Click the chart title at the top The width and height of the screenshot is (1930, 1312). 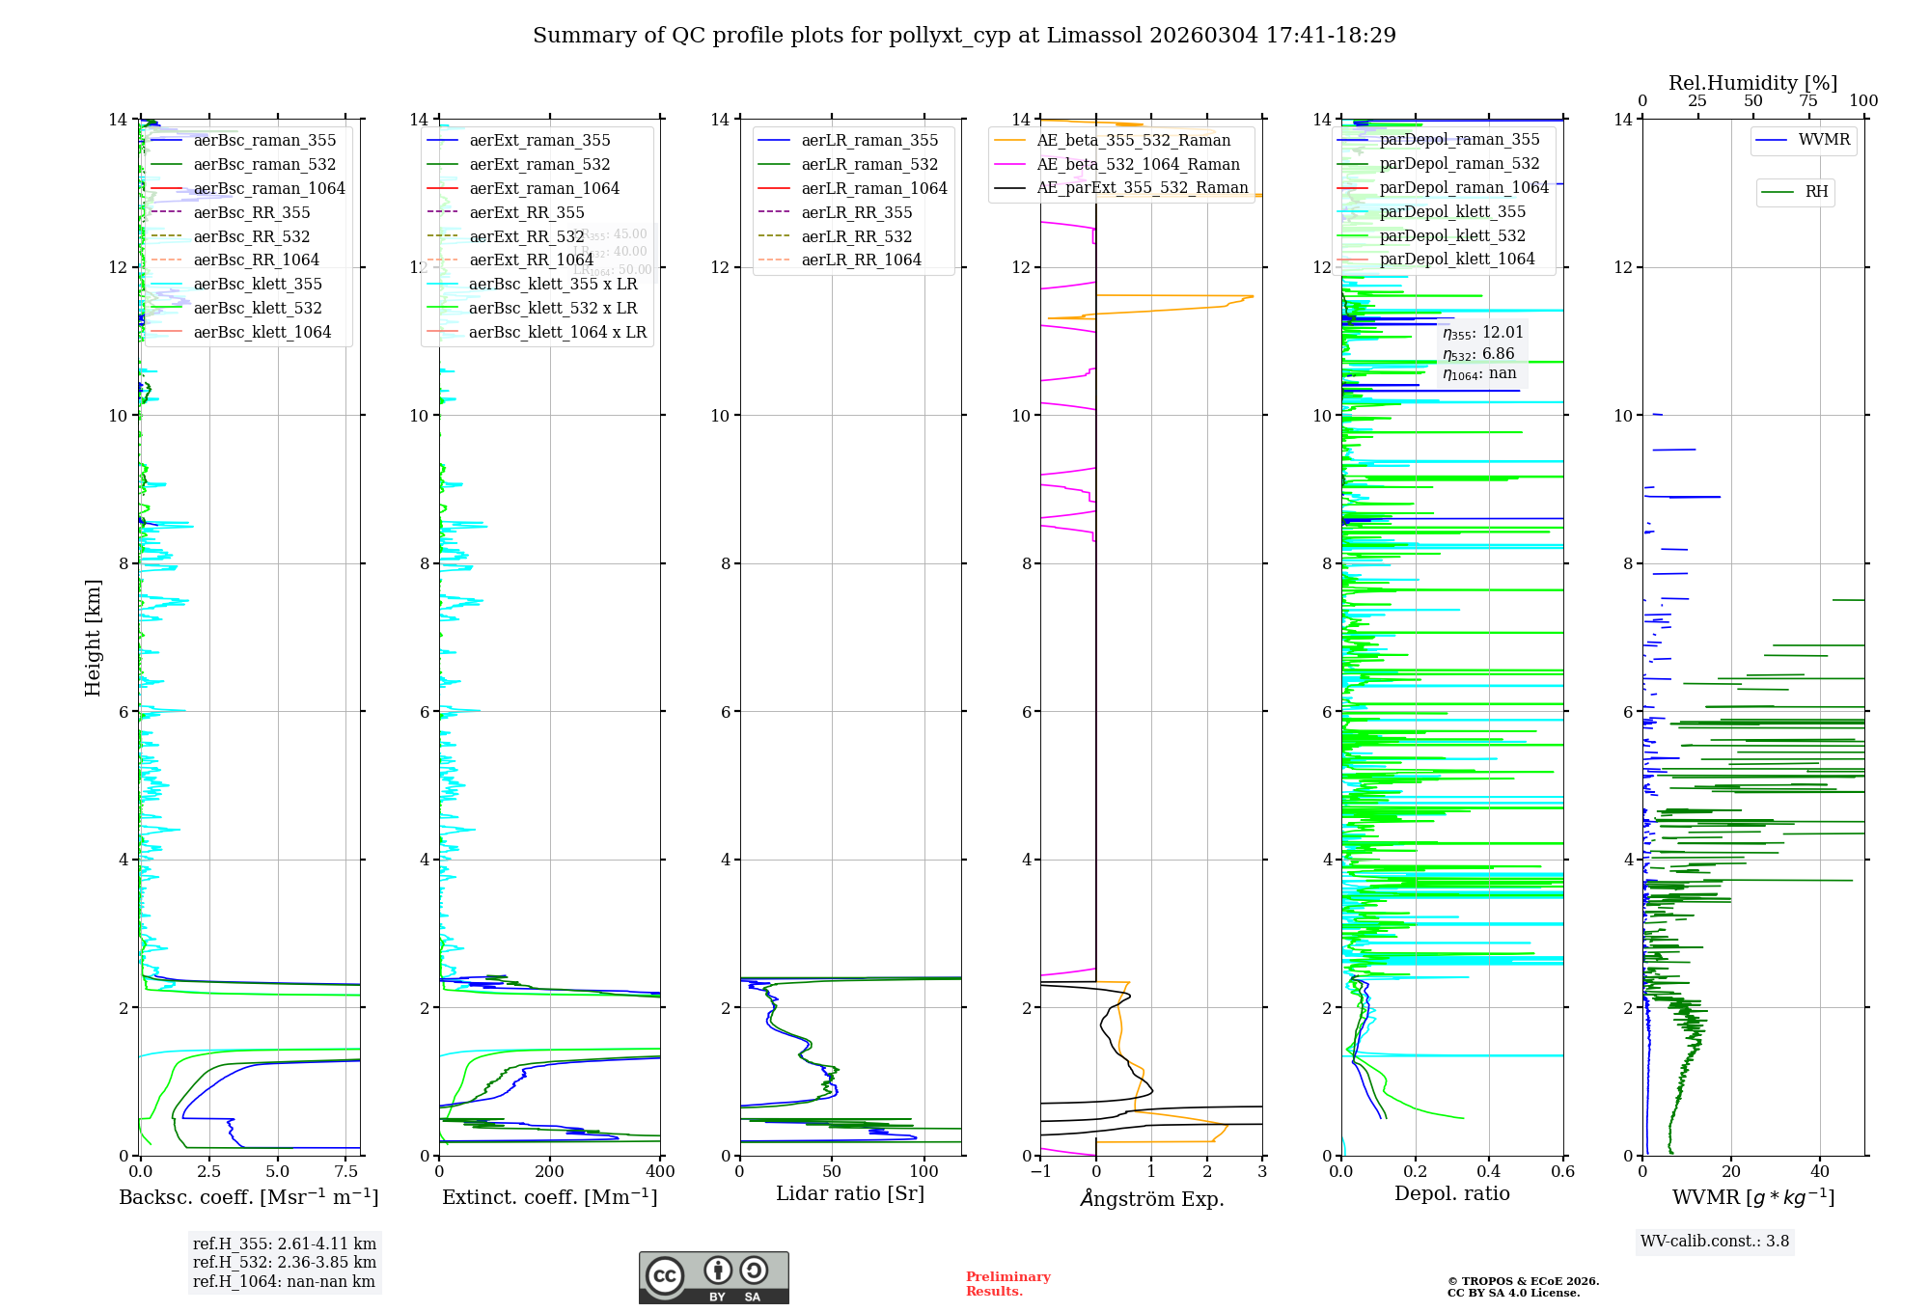tap(964, 36)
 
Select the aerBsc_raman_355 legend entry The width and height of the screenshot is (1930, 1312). tap(264, 141)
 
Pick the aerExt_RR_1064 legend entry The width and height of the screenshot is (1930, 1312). tap(531, 260)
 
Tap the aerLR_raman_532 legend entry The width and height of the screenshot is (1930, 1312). tap(869, 165)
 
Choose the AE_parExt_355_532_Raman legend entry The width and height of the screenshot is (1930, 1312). tap(1142, 188)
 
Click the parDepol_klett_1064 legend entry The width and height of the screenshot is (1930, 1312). tap(1456, 260)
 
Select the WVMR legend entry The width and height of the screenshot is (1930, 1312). tap(1824, 140)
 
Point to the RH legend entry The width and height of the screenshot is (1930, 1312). tap(1816, 192)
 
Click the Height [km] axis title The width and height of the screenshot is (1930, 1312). tap(93, 638)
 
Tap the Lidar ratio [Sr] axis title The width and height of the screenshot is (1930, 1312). tap(850, 1194)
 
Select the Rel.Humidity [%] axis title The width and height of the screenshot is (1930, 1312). tap(1752, 83)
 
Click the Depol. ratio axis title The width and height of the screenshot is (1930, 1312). tap(1451, 1194)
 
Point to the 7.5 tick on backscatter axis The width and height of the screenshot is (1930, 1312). tap(346, 1172)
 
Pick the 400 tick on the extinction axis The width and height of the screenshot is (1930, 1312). tap(660, 1172)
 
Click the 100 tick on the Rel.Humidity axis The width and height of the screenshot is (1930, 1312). tap(1863, 101)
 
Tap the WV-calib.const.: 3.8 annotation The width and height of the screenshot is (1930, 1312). tap(1715, 1242)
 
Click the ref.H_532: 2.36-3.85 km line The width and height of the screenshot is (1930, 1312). tap(285, 1263)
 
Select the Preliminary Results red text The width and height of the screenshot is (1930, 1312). tap(1007, 1284)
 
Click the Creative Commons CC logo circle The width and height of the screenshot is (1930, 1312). tap(665, 1276)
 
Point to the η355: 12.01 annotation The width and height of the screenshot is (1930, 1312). tap(1482, 334)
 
